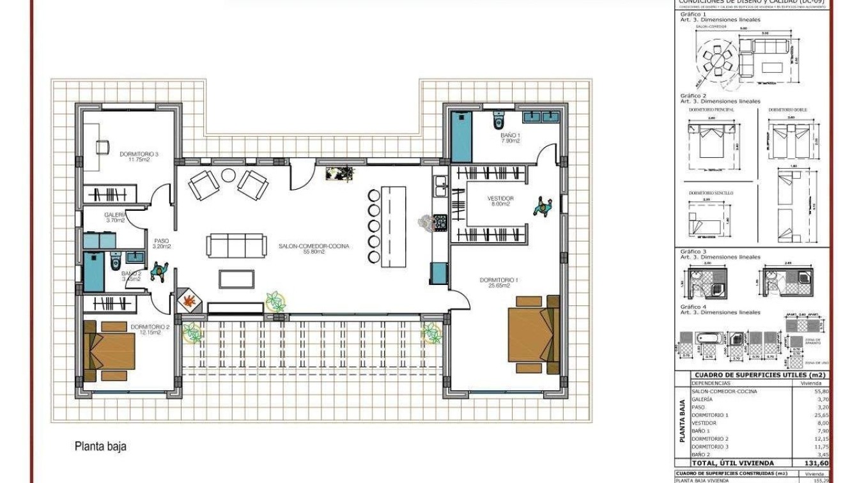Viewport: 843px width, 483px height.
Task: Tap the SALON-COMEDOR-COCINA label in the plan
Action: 314,245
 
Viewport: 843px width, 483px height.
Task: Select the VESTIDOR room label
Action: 500,199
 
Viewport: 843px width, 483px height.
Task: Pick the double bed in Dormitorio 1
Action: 533,333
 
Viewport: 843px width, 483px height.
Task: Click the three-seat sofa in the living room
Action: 236,245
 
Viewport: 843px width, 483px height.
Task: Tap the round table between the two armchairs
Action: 228,176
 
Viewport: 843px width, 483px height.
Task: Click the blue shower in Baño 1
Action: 461,137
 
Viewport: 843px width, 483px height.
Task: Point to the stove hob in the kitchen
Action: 440,222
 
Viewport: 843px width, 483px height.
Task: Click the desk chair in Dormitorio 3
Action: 102,147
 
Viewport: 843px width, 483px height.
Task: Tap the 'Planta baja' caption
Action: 100,447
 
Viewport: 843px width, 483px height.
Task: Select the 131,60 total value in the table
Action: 816,463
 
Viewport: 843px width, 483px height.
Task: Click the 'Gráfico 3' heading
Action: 693,252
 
